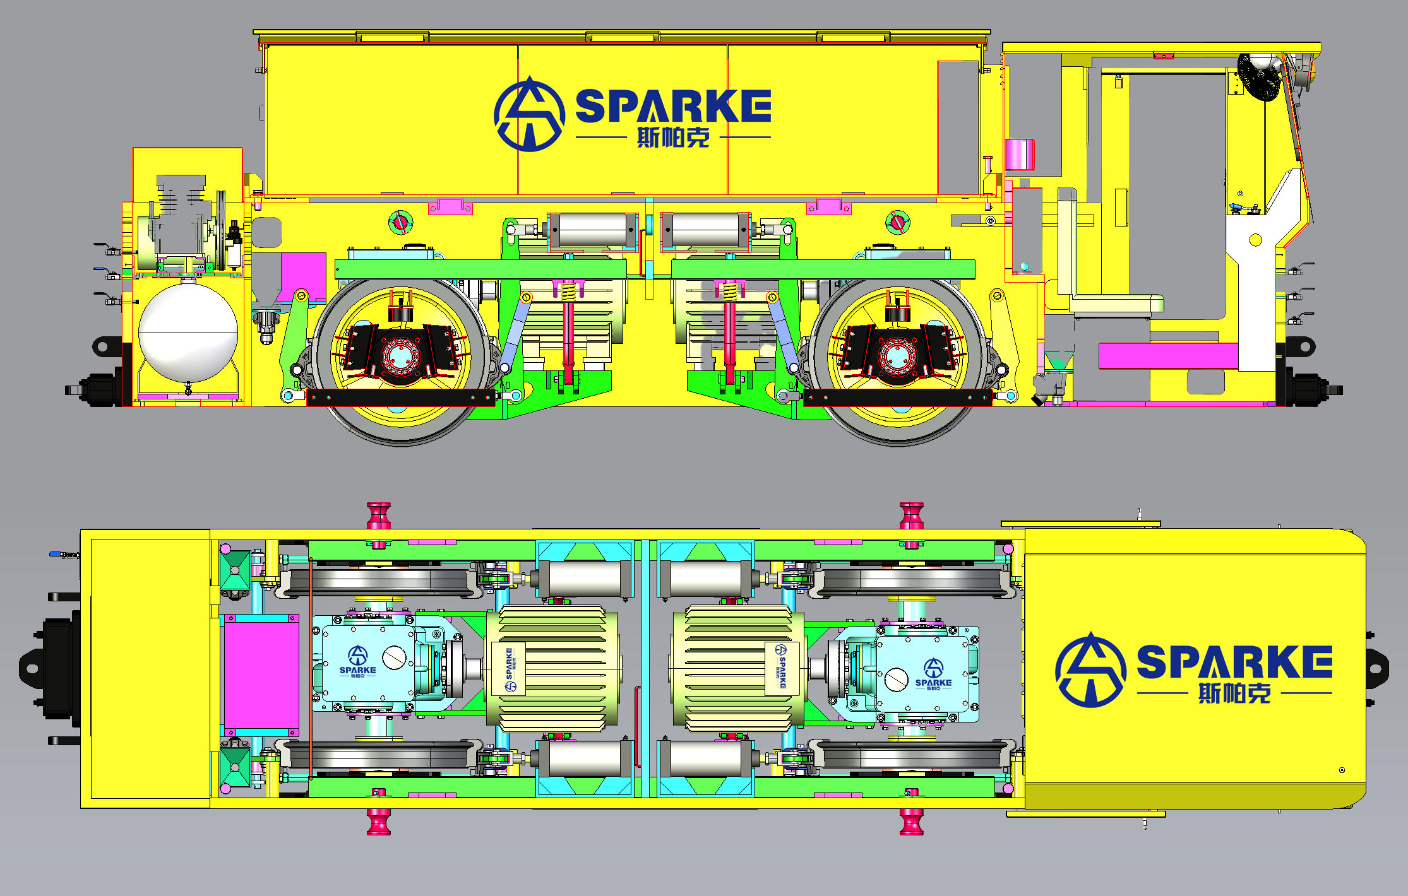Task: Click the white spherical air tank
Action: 188,333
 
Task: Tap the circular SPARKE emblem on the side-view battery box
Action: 529,114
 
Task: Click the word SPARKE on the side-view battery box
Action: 673,105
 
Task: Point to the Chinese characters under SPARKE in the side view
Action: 673,137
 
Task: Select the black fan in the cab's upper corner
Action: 1258,77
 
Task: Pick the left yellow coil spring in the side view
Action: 568,292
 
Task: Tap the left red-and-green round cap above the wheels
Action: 400,221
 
